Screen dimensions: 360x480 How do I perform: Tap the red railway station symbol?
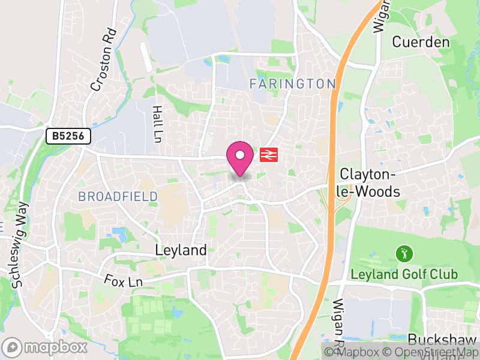[268, 155]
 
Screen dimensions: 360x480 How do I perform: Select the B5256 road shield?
[68, 136]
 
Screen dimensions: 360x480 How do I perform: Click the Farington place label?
[292, 83]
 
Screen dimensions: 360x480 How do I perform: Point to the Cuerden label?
[421, 42]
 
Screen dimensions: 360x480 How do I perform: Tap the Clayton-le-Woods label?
[370, 183]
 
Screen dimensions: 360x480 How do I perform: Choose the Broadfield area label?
[118, 196]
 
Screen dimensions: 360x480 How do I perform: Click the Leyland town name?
[181, 250]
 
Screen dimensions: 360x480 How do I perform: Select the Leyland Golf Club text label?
[404, 275]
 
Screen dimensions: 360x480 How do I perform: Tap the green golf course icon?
[404, 254]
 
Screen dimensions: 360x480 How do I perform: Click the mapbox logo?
[45, 347]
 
